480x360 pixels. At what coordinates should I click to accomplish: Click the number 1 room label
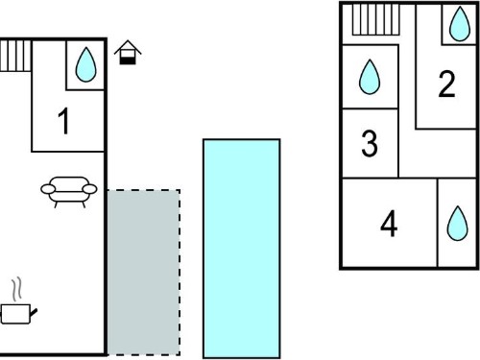click(64, 121)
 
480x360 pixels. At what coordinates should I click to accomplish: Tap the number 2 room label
click(446, 84)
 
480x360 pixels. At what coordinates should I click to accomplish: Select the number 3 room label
click(370, 143)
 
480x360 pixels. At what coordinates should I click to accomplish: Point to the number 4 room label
click(389, 224)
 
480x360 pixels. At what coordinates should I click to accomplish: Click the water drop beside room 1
click(85, 64)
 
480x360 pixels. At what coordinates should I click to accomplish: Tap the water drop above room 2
click(460, 24)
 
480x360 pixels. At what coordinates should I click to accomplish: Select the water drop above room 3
click(370, 77)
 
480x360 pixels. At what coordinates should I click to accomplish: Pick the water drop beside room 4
click(458, 223)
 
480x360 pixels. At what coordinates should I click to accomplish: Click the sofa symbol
click(69, 192)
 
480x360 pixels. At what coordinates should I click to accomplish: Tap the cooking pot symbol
click(17, 314)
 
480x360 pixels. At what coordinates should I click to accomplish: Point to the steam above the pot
click(17, 289)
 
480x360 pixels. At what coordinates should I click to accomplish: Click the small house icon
click(128, 53)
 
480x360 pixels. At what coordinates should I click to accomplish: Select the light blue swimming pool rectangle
click(242, 249)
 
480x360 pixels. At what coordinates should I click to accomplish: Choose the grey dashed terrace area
click(143, 273)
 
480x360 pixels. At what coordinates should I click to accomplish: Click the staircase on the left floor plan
click(15, 56)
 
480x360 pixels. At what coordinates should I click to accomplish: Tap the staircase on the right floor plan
click(376, 19)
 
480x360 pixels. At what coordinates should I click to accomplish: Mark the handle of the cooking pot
click(34, 312)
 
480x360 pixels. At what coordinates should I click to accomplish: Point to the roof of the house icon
click(128, 47)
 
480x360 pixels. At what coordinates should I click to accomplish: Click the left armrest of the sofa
click(48, 189)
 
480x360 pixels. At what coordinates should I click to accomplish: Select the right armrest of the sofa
click(89, 189)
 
